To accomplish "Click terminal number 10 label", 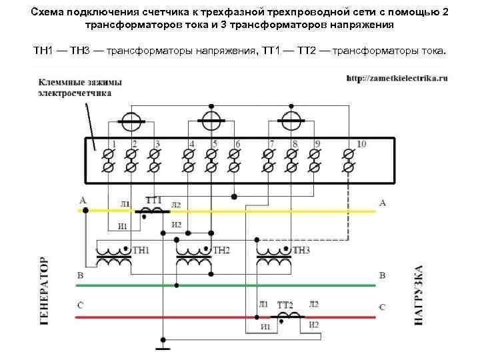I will point(361,144).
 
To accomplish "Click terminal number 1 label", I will point(113,144).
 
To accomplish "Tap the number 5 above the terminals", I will point(215,144).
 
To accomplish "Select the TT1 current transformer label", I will point(153,200).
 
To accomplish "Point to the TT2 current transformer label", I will point(287,303).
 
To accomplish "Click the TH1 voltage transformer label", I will point(141,250).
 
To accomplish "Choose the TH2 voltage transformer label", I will point(221,250).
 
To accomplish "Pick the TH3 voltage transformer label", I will point(301,250).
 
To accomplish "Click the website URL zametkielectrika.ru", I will point(396,78).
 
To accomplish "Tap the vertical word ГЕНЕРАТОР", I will point(45,291).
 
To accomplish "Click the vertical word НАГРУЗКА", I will point(419,295).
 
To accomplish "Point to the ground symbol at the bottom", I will point(161,346).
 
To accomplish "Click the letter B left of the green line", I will point(81,275).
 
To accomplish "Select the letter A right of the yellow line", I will point(382,202).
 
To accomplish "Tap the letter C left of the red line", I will point(81,305).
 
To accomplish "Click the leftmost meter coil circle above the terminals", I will point(131,121).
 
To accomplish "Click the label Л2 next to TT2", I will point(313,304).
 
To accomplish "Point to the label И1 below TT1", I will point(123,225).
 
